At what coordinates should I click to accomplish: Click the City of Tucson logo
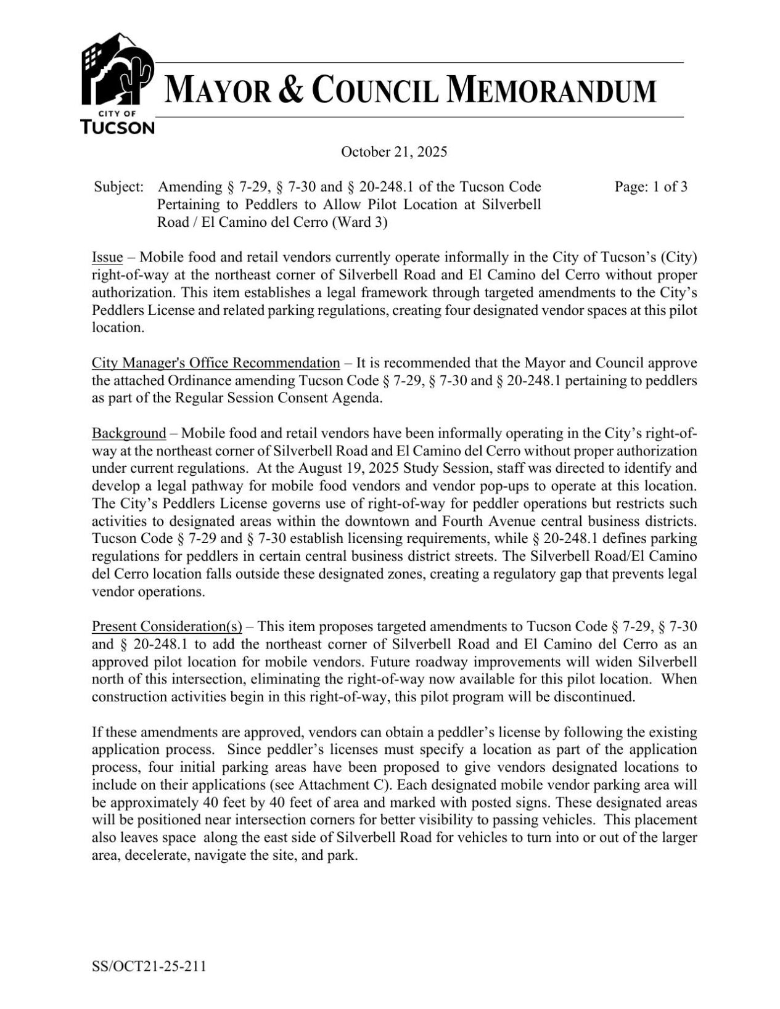coord(117,83)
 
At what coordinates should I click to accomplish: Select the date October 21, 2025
coord(394,152)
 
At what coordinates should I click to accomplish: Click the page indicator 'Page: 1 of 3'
coord(651,187)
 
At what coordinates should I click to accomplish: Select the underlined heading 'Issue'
coord(107,257)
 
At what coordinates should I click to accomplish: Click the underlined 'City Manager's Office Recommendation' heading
coord(216,362)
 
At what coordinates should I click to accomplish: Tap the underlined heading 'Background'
coord(129,433)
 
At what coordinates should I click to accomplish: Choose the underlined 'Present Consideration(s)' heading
coord(166,627)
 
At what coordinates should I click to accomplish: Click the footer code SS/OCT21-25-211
coord(149,966)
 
